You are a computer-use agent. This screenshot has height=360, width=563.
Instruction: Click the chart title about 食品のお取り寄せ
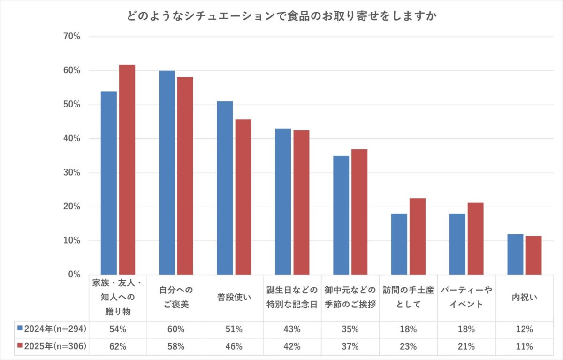(281, 16)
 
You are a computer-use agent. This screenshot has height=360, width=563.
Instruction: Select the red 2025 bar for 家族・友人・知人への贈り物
(127, 169)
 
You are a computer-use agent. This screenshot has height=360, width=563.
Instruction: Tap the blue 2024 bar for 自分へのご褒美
(167, 173)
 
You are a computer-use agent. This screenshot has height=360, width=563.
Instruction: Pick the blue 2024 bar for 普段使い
(225, 188)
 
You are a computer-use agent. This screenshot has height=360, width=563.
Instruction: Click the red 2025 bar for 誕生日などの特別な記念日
(301, 202)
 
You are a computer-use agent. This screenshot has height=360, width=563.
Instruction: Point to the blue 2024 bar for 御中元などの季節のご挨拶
(341, 215)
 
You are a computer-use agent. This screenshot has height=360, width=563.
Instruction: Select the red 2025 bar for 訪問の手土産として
(417, 236)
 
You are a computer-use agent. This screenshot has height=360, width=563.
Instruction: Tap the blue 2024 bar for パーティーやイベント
(457, 244)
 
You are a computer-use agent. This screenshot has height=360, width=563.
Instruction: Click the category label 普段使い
(234, 298)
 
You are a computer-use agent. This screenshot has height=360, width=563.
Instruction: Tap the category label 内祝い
(524, 298)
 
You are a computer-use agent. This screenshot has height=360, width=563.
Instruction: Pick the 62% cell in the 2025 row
(118, 347)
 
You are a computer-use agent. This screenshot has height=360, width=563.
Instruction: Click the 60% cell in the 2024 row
(176, 329)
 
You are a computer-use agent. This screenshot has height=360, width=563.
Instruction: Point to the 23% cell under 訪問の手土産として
(408, 347)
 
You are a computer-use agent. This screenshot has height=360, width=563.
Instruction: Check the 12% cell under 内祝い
(524, 329)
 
